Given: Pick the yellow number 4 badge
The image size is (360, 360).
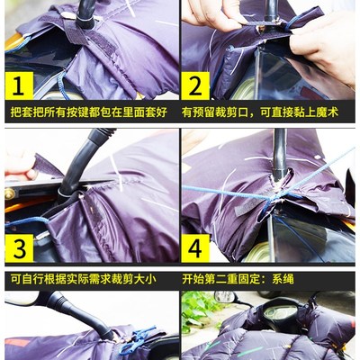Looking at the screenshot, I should (x=197, y=246).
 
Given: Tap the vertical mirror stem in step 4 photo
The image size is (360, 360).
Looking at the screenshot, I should (x=279, y=157).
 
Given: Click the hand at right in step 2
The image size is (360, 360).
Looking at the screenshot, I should (x=328, y=45).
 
